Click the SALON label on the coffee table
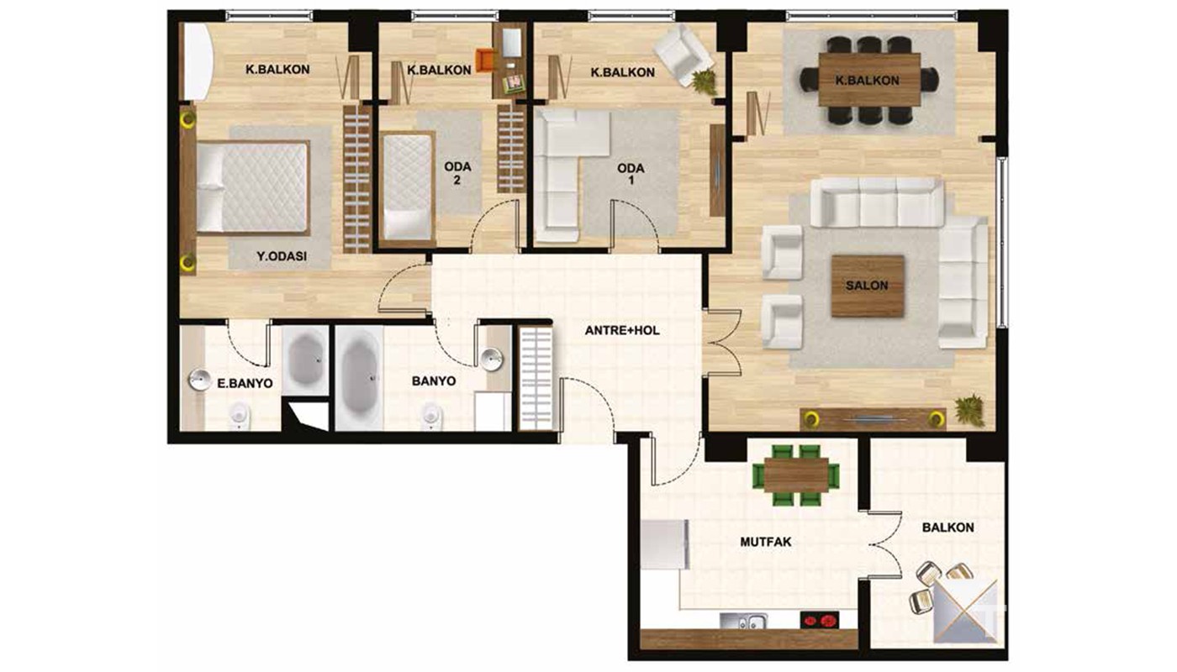(x=867, y=286)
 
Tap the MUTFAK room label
(x=766, y=542)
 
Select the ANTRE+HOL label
(x=622, y=330)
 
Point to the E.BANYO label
(x=245, y=383)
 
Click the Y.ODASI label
(x=282, y=256)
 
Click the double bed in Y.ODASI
(x=253, y=187)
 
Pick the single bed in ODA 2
(x=407, y=189)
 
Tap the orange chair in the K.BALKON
(x=486, y=60)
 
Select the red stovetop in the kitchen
(x=819, y=621)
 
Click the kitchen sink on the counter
(x=743, y=621)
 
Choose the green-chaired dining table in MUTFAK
(x=796, y=475)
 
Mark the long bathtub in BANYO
(x=359, y=378)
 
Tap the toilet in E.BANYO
(x=239, y=415)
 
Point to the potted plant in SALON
(x=969, y=411)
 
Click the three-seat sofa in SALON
(x=877, y=202)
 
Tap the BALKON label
(x=948, y=528)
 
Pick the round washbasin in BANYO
(x=492, y=360)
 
